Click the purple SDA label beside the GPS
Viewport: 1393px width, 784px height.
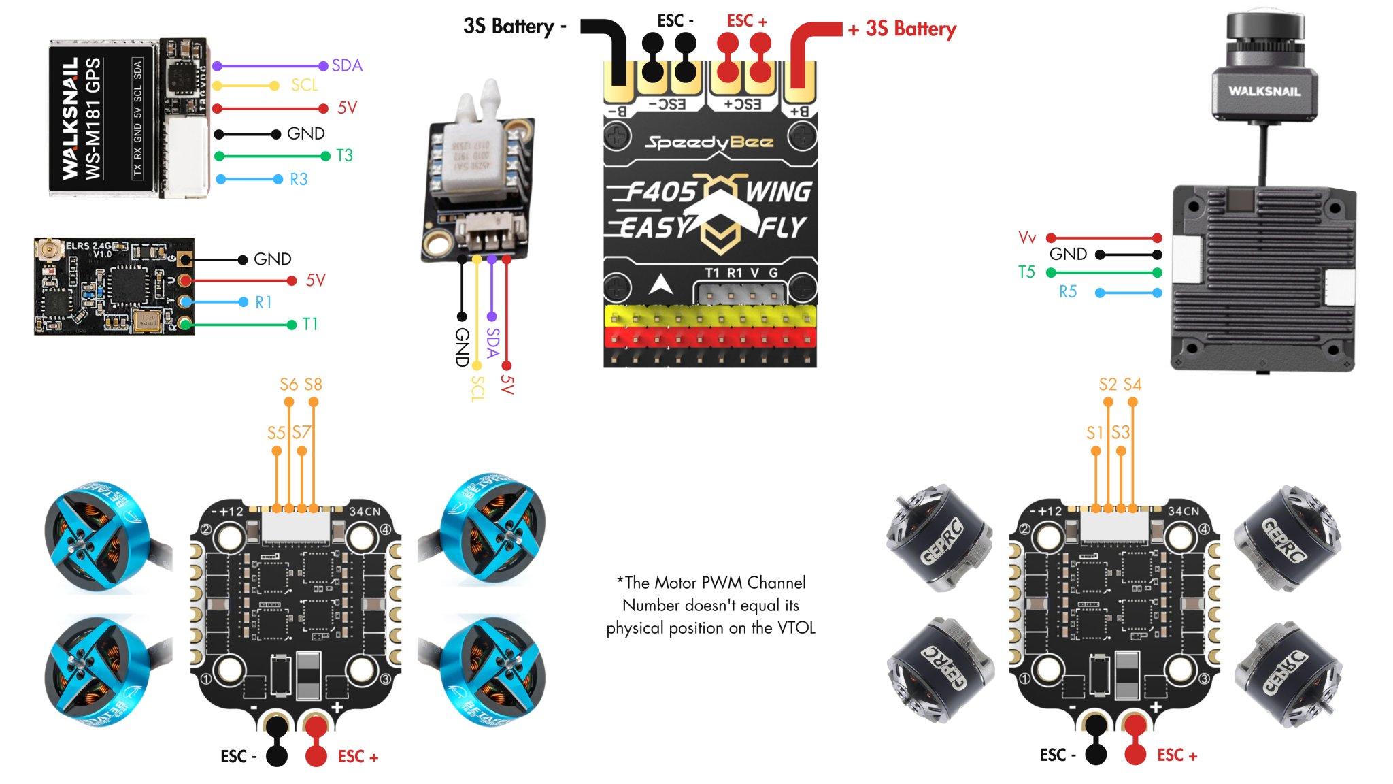[347, 65]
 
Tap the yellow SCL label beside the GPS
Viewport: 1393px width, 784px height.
[304, 85]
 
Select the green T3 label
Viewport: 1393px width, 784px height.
[344, 156]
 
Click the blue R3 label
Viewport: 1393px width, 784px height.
[299, 179]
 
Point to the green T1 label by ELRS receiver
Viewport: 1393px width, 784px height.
[310, 324]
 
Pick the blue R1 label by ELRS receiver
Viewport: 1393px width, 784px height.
[263, 302]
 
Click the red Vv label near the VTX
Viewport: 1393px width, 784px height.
[1026, 238]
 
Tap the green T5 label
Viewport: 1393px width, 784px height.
[1026, 272]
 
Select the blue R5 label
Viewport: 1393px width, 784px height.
[1068, 292]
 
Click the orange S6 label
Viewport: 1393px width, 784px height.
[288, 385]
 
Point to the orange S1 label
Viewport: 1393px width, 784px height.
[1094, 433]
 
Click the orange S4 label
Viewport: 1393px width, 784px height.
[1132, 385]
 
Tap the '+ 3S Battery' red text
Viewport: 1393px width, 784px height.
[903, 29]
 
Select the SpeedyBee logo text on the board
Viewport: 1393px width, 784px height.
[709, 142]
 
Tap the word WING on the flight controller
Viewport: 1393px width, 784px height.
[778, 192]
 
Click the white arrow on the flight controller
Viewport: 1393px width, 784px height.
[660, 284]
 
